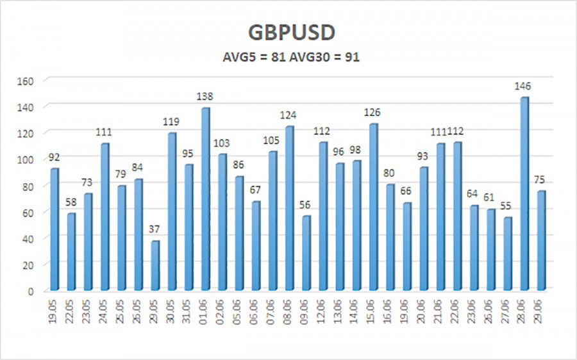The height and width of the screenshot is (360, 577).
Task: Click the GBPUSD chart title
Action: coord(288,32)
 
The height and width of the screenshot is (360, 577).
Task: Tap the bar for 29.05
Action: coord(155,265)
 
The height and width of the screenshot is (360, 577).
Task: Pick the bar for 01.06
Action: coord(205,199)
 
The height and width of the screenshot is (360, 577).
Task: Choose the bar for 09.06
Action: coord(306,252)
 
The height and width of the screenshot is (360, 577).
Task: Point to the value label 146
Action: coord(524,86)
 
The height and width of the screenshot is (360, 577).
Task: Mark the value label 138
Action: coord(205,97)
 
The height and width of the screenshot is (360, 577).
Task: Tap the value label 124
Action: coord(289,115)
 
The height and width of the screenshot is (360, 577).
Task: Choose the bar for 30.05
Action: coord(172,211)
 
